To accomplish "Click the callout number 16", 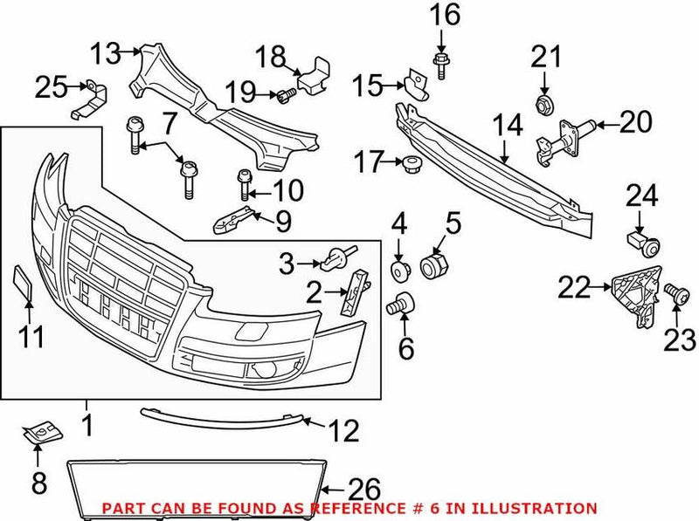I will point(444,15).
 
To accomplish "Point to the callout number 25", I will point(51,86).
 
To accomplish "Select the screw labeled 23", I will point(672,291).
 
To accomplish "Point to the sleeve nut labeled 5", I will point(433,265).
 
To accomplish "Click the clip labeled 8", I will point(38,432).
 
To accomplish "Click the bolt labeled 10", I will point(243,185).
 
